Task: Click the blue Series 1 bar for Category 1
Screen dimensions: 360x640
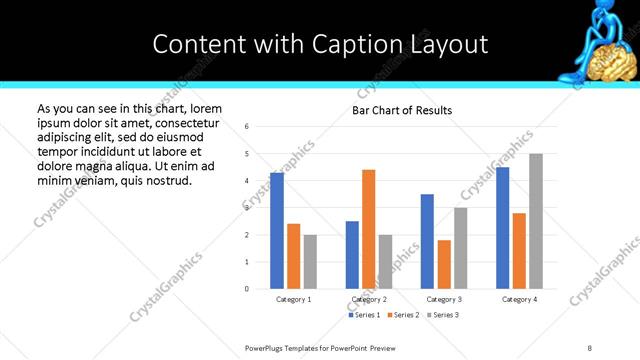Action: coord(277,231)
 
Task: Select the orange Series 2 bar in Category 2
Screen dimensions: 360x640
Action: coord(369,229)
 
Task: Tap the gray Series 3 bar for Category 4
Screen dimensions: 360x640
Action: coord(536,221)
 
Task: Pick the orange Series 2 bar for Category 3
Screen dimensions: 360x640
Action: coord(444,264)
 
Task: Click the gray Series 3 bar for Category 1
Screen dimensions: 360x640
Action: coord(310,262)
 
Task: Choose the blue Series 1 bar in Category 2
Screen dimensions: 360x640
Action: coord(352,255)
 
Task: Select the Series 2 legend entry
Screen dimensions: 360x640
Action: coord(404,315)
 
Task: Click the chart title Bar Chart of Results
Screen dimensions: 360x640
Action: coord(402,110)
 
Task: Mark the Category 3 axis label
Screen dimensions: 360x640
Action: coord(443,299)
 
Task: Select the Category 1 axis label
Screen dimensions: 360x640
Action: coord(293,299)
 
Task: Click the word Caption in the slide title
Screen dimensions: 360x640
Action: coord(345,44)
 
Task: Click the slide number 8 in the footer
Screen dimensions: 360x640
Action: coord(590,347)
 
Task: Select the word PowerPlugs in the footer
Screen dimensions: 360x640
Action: coord(266,347)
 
